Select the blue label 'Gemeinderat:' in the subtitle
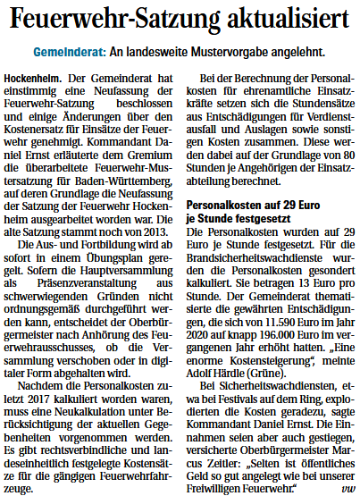[x=69, y=54]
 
